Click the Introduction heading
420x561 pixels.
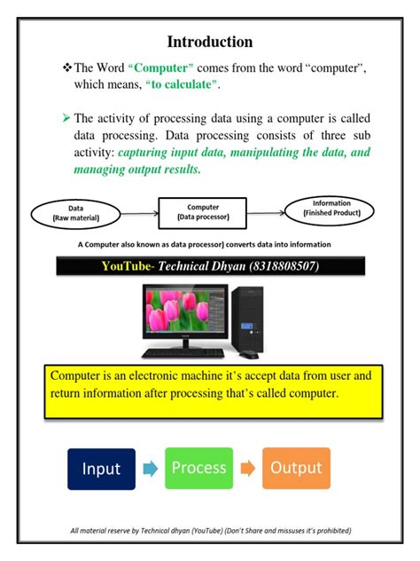(210, 42)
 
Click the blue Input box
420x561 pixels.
(101, 469)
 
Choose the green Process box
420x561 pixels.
(198, 469)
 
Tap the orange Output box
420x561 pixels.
(295, 469)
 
